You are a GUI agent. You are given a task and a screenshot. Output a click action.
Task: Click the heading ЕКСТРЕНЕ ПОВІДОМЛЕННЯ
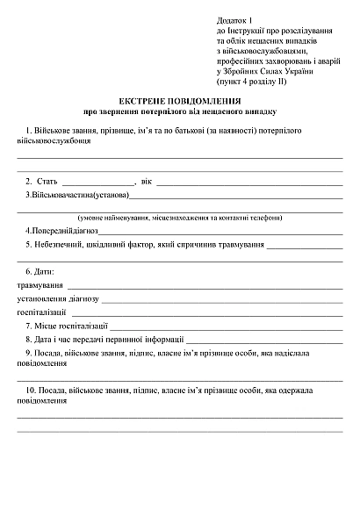pos(180,102)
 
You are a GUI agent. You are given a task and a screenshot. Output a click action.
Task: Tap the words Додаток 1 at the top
pos(234,20)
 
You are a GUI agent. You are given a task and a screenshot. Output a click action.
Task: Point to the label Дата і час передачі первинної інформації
pos(109,339)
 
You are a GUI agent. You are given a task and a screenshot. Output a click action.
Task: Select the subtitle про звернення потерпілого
pos(180,112)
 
